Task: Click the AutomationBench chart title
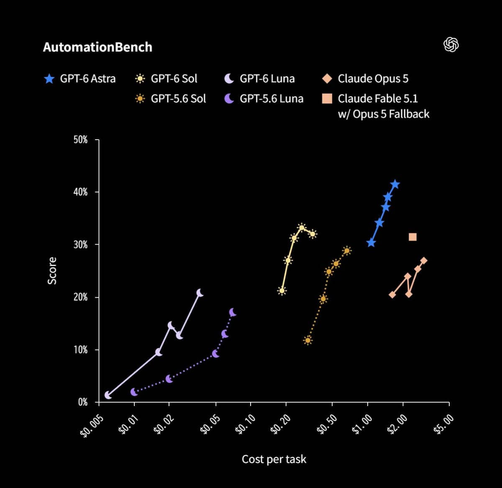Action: pos(97,47)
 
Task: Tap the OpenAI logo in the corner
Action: pos(451,45)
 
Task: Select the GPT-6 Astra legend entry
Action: pos(80,79)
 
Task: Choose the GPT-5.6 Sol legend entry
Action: pos(170,99)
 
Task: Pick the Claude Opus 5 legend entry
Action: pos(365,79)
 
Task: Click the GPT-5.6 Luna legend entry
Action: pos(264,99)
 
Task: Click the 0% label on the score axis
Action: pos(83,402)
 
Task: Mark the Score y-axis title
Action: pos(52,271)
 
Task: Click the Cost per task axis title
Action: pos(274,460)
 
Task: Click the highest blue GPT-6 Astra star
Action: pos(395,184)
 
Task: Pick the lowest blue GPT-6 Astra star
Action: pos(371,243)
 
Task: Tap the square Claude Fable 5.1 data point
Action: pos(412,237)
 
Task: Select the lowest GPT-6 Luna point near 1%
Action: pos(108,395)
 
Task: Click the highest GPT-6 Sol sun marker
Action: pos(302,227)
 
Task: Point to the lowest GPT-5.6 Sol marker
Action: pos(307,340)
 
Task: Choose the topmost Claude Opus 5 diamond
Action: pos(424,261)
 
